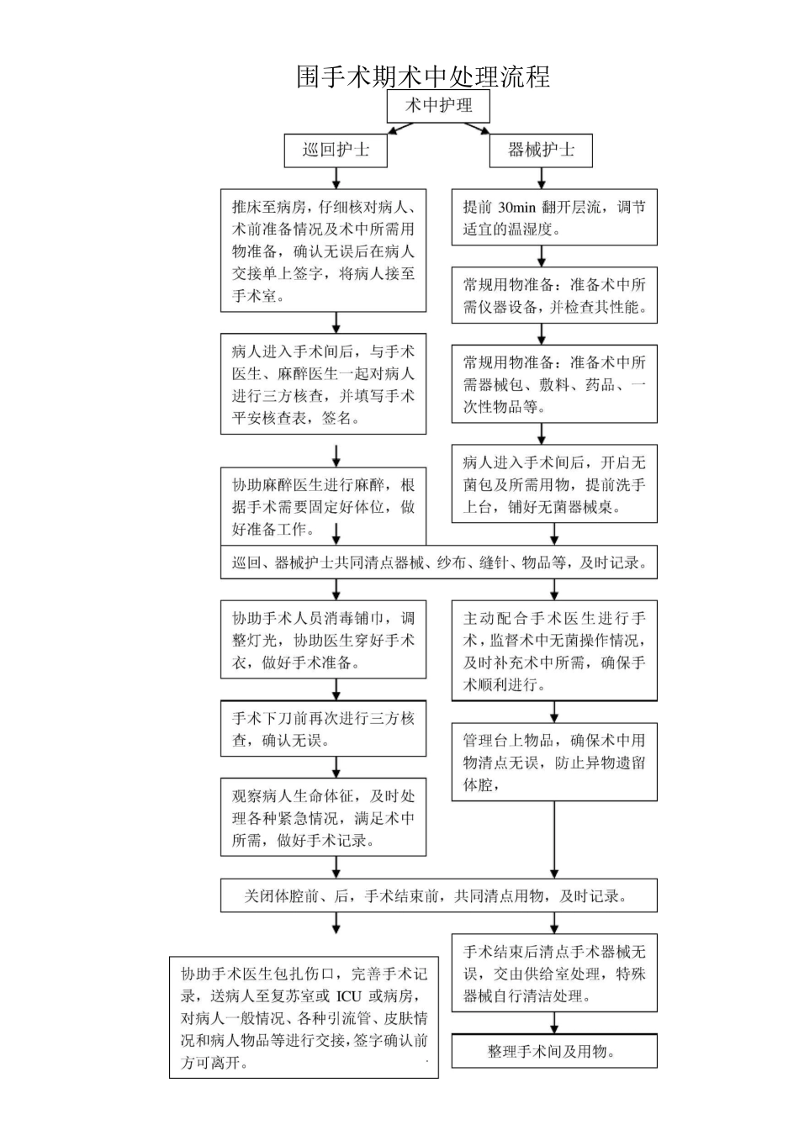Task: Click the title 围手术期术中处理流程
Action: (423, 77)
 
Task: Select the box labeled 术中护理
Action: (438, 106)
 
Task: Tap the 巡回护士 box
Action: (336, 150)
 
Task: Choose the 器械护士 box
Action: (541, 150)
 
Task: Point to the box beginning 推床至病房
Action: (323, 251)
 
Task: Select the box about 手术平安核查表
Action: (323, 384)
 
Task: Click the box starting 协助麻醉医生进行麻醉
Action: (323, 507)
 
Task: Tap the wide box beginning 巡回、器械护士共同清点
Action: (438, 563)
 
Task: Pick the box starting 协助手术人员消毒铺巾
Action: (323, 640)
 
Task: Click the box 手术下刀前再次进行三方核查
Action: (323, 729)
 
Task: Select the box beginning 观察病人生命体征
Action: (323, 818)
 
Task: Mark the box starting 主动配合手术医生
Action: (553, 651)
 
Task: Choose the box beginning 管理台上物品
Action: (553, 762)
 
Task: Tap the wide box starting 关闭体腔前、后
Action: (438, 896)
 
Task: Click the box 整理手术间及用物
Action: (553, 1051)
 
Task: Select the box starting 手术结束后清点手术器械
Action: (553, 974)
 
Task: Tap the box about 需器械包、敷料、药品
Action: (553, 384)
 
